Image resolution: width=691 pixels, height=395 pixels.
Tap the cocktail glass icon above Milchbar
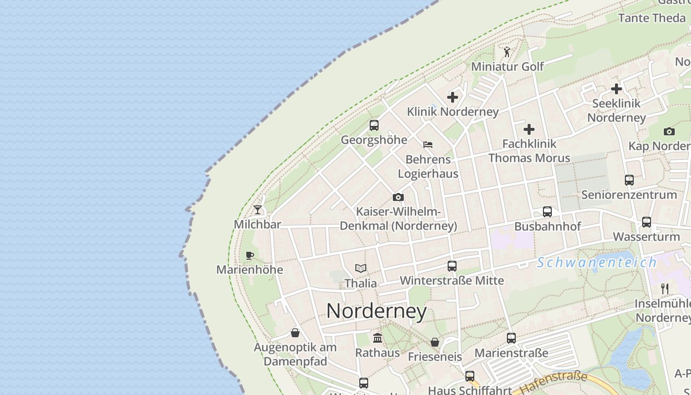(258, 210)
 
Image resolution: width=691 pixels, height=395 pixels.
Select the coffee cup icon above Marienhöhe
(250, 255)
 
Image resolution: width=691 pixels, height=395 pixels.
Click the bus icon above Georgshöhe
(374, 125)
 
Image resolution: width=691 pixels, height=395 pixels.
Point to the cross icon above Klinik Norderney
(453, 97)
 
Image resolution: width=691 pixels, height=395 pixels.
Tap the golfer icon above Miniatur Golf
(507, 52)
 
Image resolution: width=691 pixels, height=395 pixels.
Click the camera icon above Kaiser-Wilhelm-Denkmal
(398, 197)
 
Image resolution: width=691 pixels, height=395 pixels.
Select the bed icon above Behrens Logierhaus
(428, 145)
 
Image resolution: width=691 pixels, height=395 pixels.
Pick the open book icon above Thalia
(361, 269)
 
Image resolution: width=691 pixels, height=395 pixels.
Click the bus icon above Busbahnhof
(547, 212)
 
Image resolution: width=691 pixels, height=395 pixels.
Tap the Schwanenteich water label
(597, 262)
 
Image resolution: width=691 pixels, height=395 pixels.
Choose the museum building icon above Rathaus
(378, 338)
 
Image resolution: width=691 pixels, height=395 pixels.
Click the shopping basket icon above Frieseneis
(435, 342)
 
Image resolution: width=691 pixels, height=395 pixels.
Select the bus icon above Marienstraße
(511, 338)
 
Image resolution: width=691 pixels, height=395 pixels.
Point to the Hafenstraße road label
(554, 383)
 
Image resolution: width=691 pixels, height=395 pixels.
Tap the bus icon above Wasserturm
(647, 222)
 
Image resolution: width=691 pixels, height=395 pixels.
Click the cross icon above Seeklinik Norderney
(616, 89)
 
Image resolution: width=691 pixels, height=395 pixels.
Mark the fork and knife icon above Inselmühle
(665, 288)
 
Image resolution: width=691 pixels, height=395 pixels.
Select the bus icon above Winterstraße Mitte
(452, 266)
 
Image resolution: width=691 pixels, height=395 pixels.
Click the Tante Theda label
(652, 18)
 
